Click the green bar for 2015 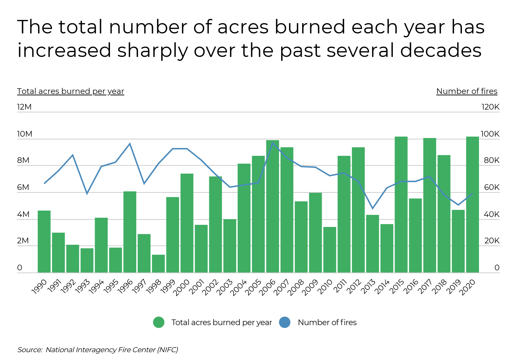(x=401, y=205)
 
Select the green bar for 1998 (x=158, y=264)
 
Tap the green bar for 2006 (x=273, y=206)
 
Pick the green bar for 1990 (x=44, y=242)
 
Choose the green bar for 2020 (x=473, y=205)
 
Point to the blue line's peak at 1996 (x=130, y=144)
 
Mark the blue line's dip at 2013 (x=373, y=208)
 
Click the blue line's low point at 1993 (x=87, y=194)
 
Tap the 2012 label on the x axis (x=354, y=287)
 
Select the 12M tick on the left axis (x=24, y=107)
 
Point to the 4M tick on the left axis (x=23, y=214)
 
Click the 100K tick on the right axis (x=490, y=134)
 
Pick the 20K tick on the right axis (x=492, y=241)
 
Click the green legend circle (x=159, y=322)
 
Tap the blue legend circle (x=285, y=322)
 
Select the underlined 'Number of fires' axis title (x=467, y=91)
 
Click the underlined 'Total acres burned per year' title (x=70, y=91)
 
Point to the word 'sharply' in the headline (x=152, y=50)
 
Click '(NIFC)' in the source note (x=167, y=350)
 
